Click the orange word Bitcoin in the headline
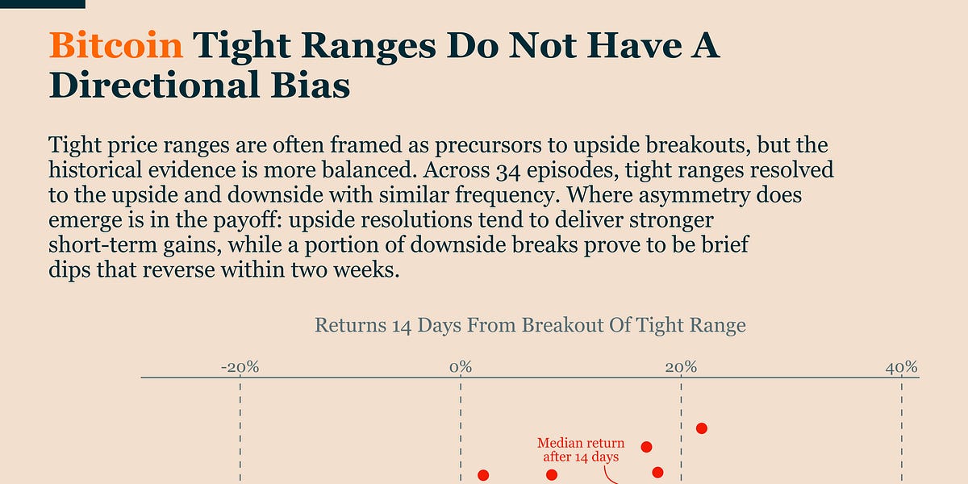116,47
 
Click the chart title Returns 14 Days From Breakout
530,325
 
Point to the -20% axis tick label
240,367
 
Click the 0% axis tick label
461,367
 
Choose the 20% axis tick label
682,367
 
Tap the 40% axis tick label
902,367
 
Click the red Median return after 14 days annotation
581,450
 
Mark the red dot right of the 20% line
702,428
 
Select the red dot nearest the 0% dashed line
484,476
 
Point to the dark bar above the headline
42,3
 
